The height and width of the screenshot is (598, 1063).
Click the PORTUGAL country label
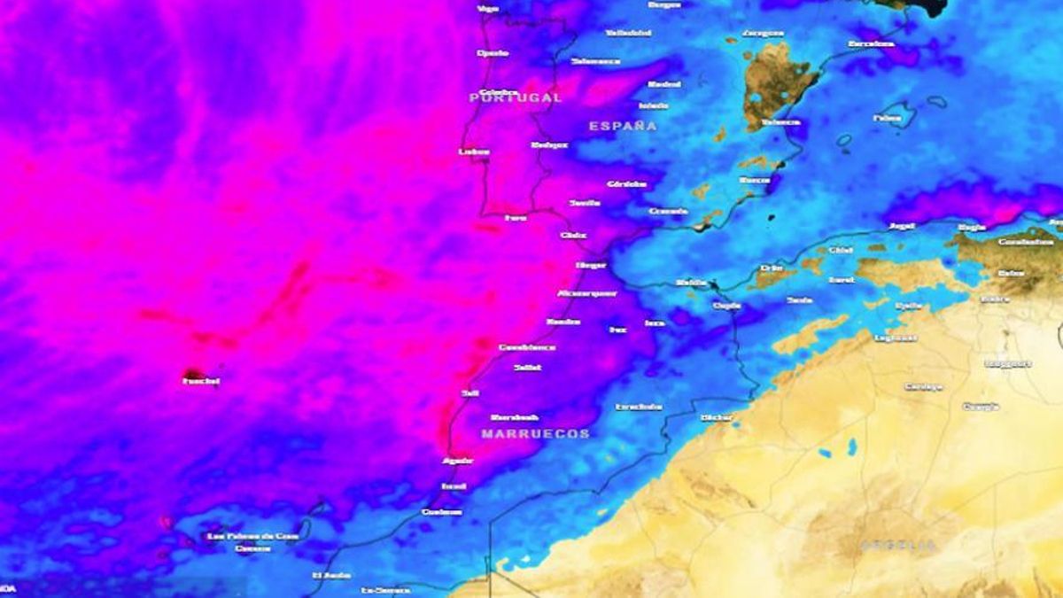(x=516, y=97)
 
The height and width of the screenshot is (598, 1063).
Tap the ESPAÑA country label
(x=623, y=126)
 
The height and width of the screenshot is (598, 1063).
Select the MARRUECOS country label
(x=535, y=433)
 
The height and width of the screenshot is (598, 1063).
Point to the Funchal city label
(x=200, y=381)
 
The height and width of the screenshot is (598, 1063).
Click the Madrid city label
(x=664, y=84)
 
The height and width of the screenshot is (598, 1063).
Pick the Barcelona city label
(x=870, y=43)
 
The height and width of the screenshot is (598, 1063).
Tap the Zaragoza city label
(x=763, y=33)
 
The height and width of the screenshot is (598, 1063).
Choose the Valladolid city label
(x=628, y=33)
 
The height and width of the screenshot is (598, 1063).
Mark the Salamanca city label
(x=595, y=61)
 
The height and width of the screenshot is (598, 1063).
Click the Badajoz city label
(x=548, y=144)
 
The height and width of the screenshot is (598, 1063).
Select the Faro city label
(x=515, y=217)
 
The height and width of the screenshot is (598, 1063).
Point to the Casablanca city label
(x=527, y=347)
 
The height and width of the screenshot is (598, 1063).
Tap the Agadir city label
(x=457, y=461)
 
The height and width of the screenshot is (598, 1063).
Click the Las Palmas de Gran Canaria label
(x=252, y=536)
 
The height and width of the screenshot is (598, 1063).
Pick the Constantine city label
(x=1026, y=242)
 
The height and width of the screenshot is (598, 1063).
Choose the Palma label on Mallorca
(x=887, y=117)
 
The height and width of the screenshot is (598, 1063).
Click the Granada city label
(x=668, y=211)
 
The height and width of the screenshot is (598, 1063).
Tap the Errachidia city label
(x=639, y=407)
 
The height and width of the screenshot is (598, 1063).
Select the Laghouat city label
(x=895, y=338)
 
